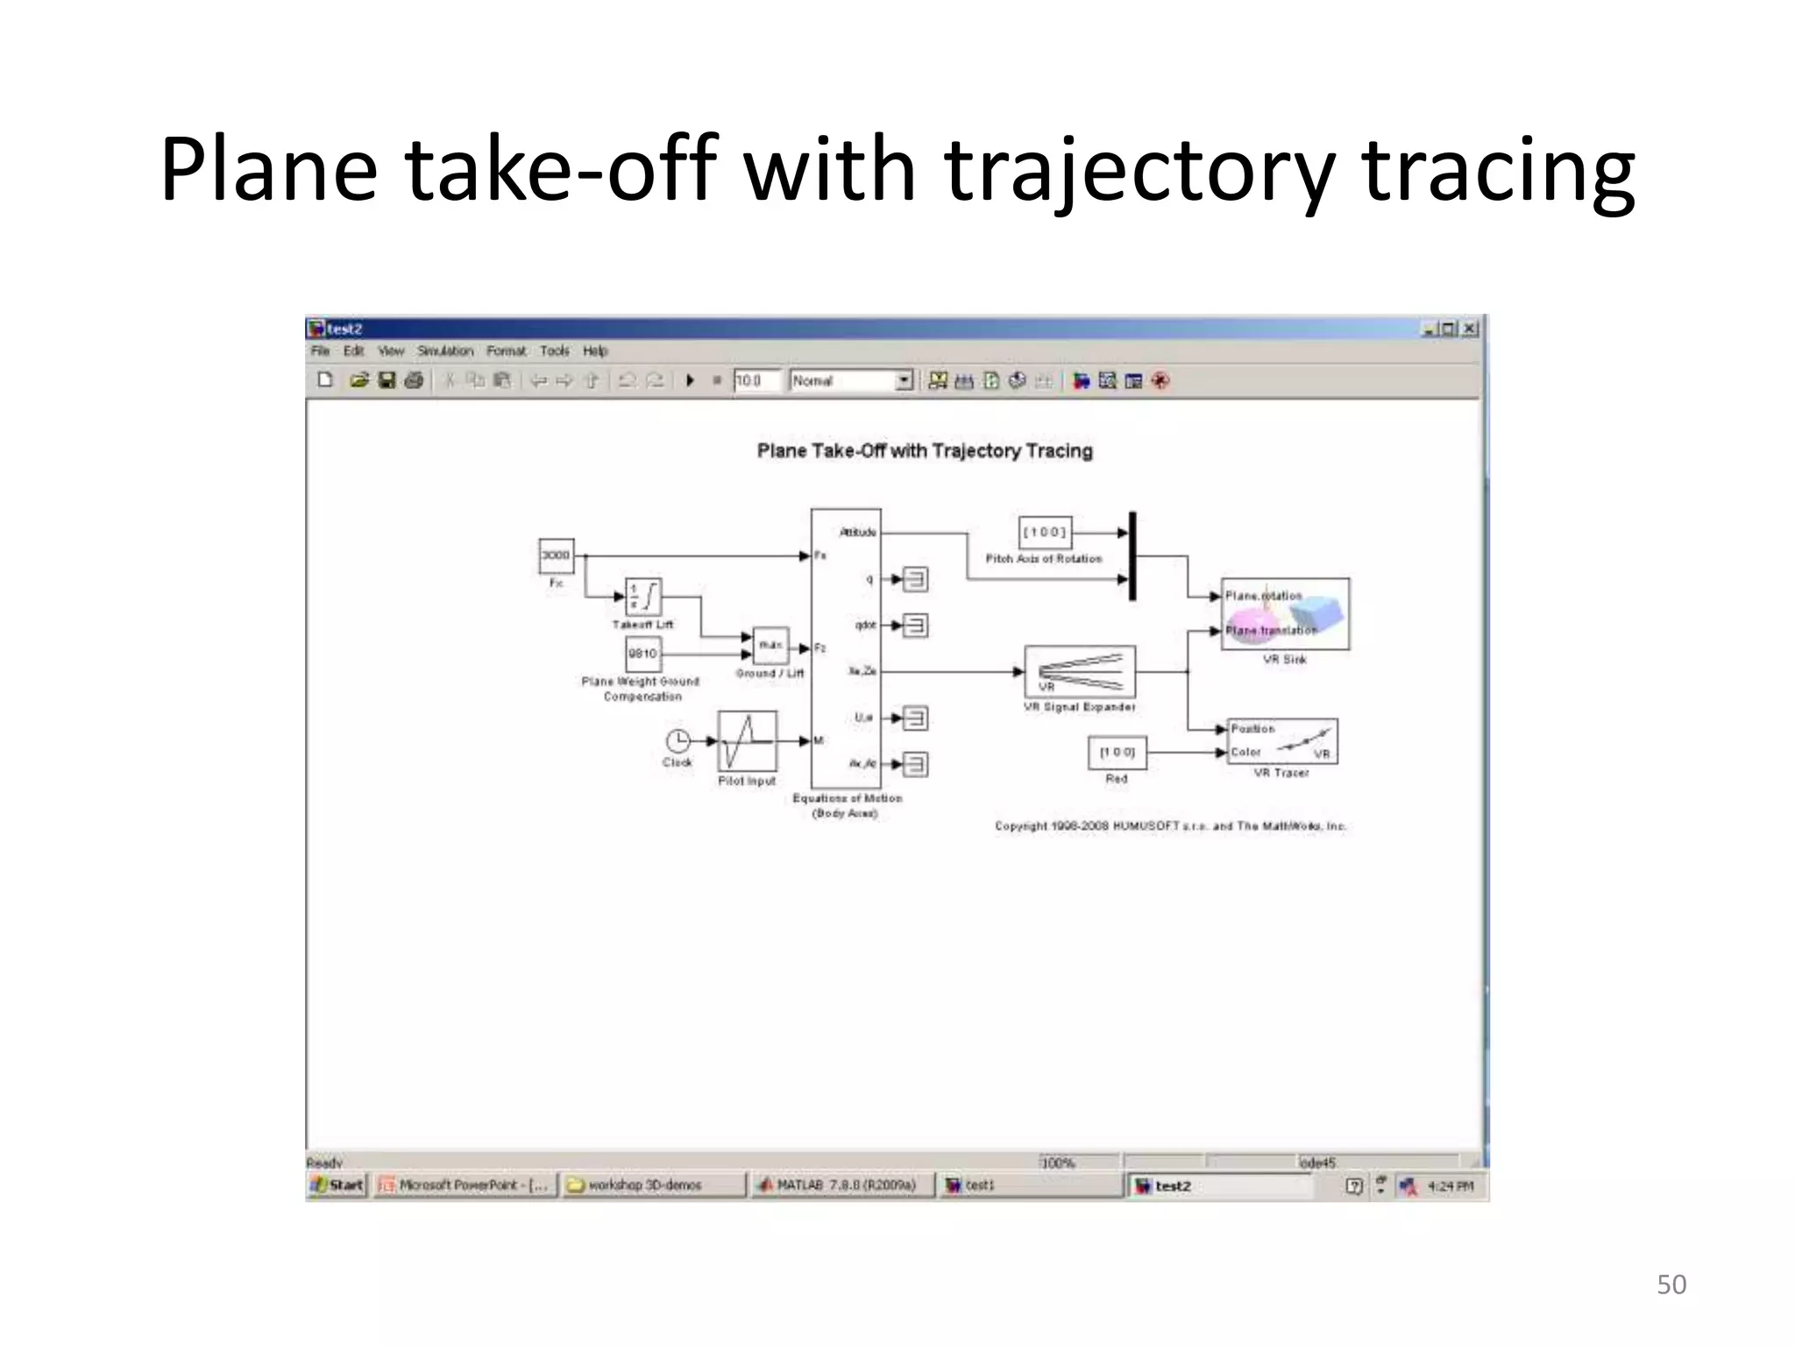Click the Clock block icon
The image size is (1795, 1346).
(678, 741)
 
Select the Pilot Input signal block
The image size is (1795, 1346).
(747, 741)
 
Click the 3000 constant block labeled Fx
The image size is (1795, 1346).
(556, 556)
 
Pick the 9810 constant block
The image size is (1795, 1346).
(642, 654)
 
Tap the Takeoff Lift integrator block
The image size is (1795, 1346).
(642, 597)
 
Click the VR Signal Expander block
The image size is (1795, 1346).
(1080, 672)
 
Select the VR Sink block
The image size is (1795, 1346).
(1285, 613)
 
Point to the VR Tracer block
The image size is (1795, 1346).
(1282, 741)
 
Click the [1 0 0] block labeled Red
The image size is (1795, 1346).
(1117, 753)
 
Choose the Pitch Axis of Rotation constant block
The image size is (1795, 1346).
(1045, 532)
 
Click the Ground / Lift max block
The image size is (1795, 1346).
(770, 646)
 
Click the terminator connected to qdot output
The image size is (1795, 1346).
(915, 626)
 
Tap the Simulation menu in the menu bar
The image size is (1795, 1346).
(445, 351)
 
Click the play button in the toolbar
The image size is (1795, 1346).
(691, 380)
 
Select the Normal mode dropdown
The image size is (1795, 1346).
(851, 380)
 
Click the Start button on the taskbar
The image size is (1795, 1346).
(337, 1186)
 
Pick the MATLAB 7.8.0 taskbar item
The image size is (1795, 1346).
(840, 1186)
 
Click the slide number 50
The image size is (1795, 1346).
(1671, 1285)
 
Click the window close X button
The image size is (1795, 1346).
(1470, 329)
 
